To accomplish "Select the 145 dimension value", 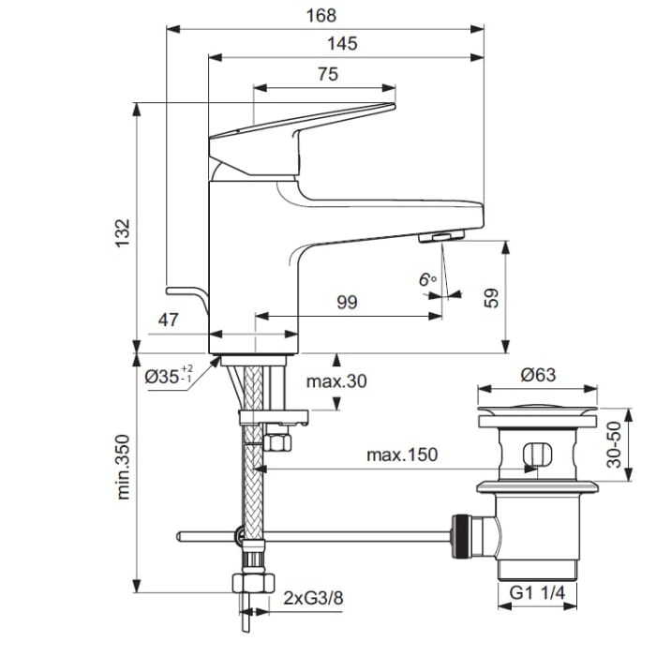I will (x=342, y=44).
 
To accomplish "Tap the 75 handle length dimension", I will (x=327, y=75).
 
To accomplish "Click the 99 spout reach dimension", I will (x=348, y=302).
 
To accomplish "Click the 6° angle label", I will (x=428, y=279).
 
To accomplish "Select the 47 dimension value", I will (x=168, y=320).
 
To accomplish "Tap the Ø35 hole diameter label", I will (x=170, y=376).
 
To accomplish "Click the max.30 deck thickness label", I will (x=336, y=380).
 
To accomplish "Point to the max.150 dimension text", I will (x=401, y=455).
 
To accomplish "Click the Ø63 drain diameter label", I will (x=537, y=374).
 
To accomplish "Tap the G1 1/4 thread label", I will (x=537, y=593).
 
